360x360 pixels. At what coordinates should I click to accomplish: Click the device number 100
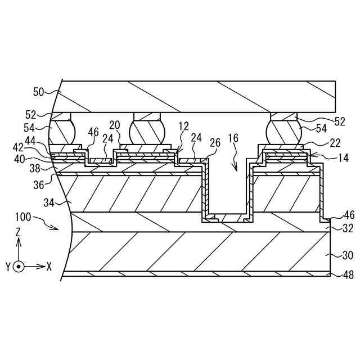coord(42,217)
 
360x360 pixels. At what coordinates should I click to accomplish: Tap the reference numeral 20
coord(115,125)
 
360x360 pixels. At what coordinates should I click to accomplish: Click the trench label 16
coord(233,138)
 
